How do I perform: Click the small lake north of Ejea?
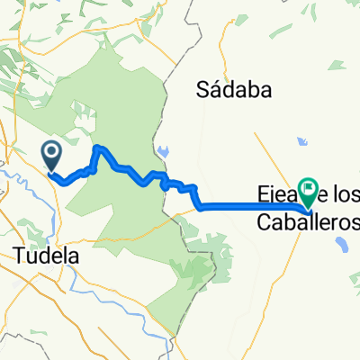click(301, 141)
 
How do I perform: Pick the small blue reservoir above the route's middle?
click(162, 151)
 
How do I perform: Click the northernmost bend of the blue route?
click(101, 148)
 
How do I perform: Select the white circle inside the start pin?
click(51, 152)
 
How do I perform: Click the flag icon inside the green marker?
click(310, 189)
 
